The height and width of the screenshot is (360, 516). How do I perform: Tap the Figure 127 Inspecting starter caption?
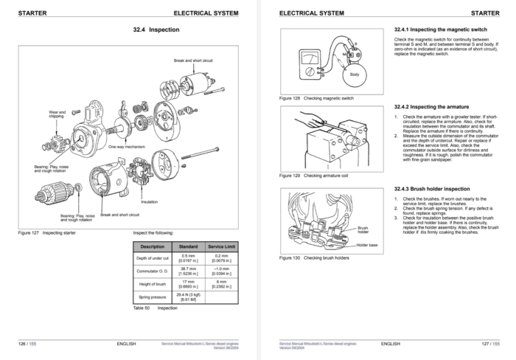tap(45, 232)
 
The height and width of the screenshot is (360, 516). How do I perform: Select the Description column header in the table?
tap(153, 246)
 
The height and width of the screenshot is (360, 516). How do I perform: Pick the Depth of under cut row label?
tap(153, 258)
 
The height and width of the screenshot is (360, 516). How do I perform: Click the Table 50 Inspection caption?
tap(155, 308)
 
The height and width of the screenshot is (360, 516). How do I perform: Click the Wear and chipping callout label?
tap(57, 114)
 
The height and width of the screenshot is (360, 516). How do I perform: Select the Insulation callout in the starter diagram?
tap(149, 201)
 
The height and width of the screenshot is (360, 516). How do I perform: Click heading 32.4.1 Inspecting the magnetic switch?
tap(438, 30)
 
